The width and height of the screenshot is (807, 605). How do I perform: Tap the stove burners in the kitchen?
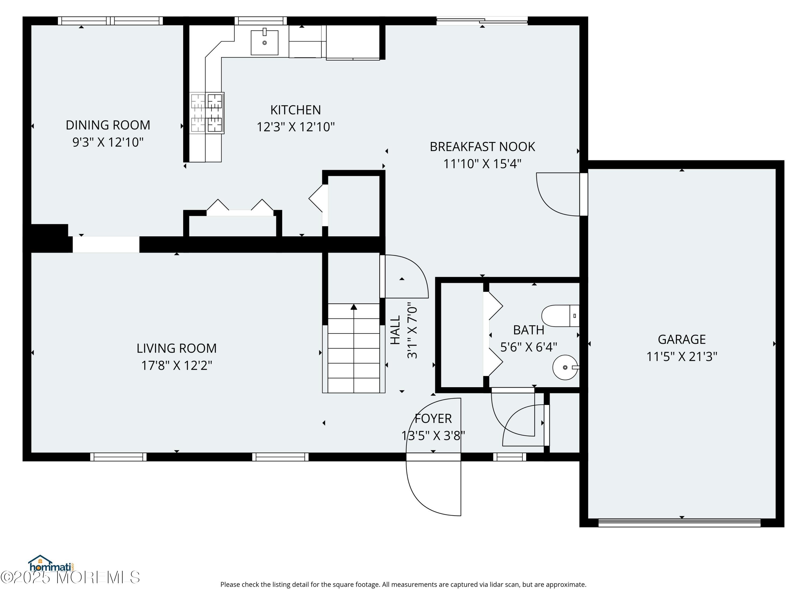coord(207,113)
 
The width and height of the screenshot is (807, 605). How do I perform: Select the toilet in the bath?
coord(560,316)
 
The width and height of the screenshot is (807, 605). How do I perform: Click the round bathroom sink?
coord(565,367)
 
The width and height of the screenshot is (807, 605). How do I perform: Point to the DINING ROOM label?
coord(108,125)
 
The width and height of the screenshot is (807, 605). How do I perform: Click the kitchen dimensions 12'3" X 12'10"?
coord(296,127)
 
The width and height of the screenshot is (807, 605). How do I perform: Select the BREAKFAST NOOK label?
coord(482,147)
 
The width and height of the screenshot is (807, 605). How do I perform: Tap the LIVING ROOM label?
coord(176,348)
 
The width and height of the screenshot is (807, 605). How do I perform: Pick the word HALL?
coord(395,330)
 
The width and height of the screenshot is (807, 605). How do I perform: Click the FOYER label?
coord(433,418)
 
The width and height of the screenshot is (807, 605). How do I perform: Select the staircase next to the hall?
coord(353,348)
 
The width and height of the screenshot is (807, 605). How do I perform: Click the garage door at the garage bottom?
coord(679,522)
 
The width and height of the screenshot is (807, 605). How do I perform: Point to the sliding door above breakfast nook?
coord(482,21)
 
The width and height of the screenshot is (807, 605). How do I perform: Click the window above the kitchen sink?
coord(260,21)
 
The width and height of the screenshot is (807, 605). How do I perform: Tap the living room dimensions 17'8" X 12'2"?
coord(176,365)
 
